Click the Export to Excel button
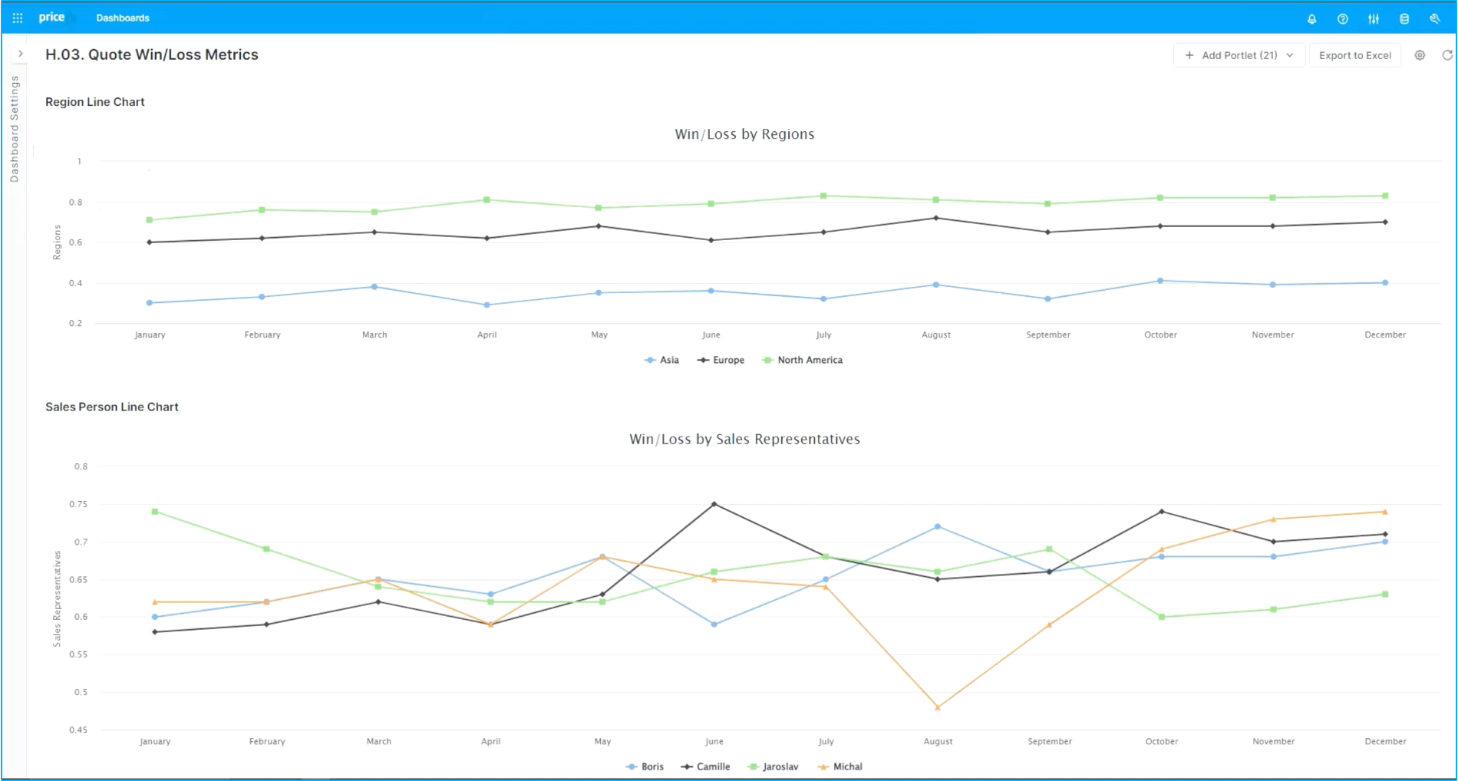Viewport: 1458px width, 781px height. tap(1354, 55)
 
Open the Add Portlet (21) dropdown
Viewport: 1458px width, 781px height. tap(1239, 55)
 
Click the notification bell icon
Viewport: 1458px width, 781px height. tap(1311, 18)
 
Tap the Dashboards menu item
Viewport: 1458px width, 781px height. tap(123, 18)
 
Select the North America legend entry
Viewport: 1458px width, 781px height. tap(802, 360)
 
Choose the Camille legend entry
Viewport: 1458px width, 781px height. tap(705, 766)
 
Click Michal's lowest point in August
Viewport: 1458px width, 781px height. tap(938, 707)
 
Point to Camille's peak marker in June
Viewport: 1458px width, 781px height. tap(714, 504)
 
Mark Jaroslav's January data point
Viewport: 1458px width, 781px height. tap(155, 512)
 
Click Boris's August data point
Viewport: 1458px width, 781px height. tap(938, 527)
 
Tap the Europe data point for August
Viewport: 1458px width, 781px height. tap(936, 218)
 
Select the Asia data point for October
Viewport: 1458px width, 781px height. tap(1160, 281)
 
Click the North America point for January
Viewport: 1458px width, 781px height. tap(150, 220)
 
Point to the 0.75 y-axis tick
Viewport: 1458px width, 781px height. tap(81, 504)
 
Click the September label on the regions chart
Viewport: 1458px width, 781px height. tap(1048, 334)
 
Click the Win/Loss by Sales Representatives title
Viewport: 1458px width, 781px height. tap(744, 439)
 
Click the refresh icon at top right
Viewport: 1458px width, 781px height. tap(1447, 55)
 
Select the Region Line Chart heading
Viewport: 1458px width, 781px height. tap(95, 102)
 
